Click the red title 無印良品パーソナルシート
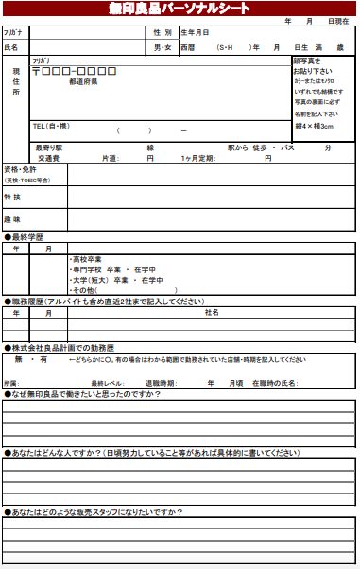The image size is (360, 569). (x=180, y=9)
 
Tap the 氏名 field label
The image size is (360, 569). (x=11, y=46)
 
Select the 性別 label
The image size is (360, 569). (x=163, y=32)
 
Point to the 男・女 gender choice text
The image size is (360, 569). (x=163, y=46)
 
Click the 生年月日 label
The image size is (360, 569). (x=195, y=32)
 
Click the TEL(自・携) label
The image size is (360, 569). (x=53, y=125)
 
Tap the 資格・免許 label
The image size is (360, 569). (x=19, y=169)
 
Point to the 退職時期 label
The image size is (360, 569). (x=160, y=382)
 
